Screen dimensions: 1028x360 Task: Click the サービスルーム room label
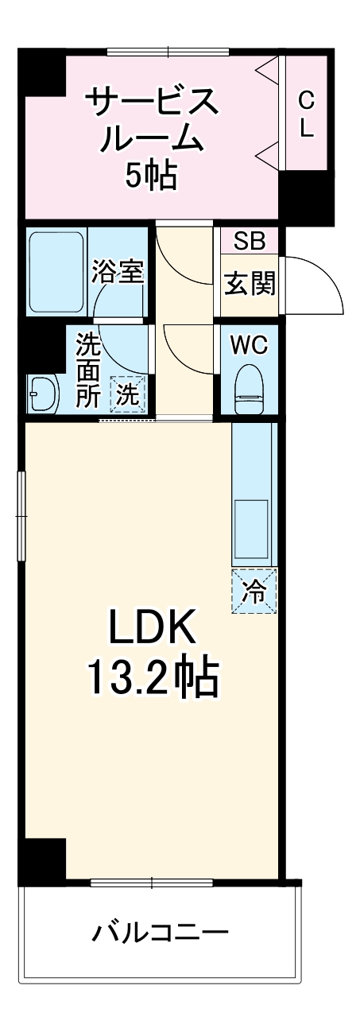(x=151, y=119)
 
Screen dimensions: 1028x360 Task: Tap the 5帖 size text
(x=151, y=175)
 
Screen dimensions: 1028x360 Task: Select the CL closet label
(x=307, y=114)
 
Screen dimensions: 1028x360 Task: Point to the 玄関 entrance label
(x=249, y=283)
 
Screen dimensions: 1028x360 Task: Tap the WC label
(x=249, y=346)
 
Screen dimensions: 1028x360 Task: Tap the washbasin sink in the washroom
(x=42, y=393)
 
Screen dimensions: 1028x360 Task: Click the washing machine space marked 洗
(x=128, y=393)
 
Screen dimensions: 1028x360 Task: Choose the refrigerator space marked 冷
(x=254, y=592)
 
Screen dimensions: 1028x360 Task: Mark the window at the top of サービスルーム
(x=168, y=52)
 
